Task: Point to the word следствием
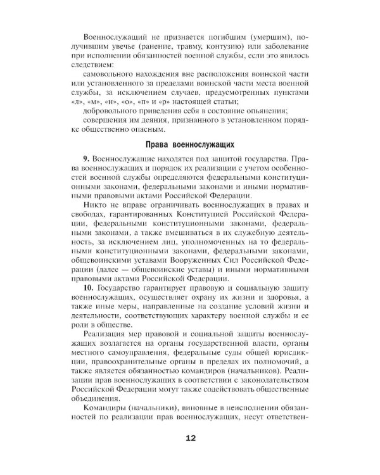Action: coord(91,64)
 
